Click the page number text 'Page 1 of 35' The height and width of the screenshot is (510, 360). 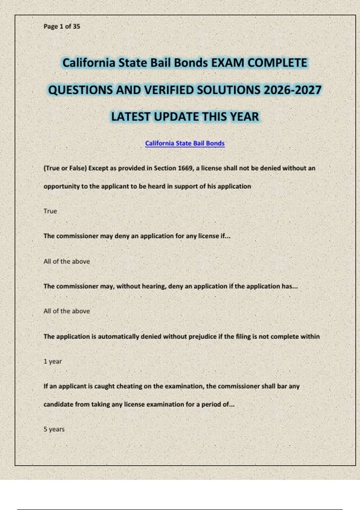pyautogui.click(x=62, y=26)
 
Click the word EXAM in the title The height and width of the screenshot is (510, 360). pyautogui.click(x=227, y=63)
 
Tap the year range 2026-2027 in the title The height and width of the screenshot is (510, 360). pyautogui.click(x=292, y=90)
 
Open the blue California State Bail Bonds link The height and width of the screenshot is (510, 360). pyautogui.click(x=185, y=143)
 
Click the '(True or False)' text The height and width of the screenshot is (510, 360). pyautogui.click(x=65, y=168)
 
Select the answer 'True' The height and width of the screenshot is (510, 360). pyautogui.click(x=50, y=211)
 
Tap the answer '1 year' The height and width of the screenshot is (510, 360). pyautogui.click(x=52, y=361)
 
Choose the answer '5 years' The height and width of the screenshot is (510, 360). pyautogui.click(x=54, y=429)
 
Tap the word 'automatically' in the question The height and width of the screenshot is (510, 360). pyautogui.click(x=118, y=337)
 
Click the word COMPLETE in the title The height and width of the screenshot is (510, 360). pyautogui.click(x=277, y=63)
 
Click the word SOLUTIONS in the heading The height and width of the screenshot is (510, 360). pyautogui.click(x=232, y=90)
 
